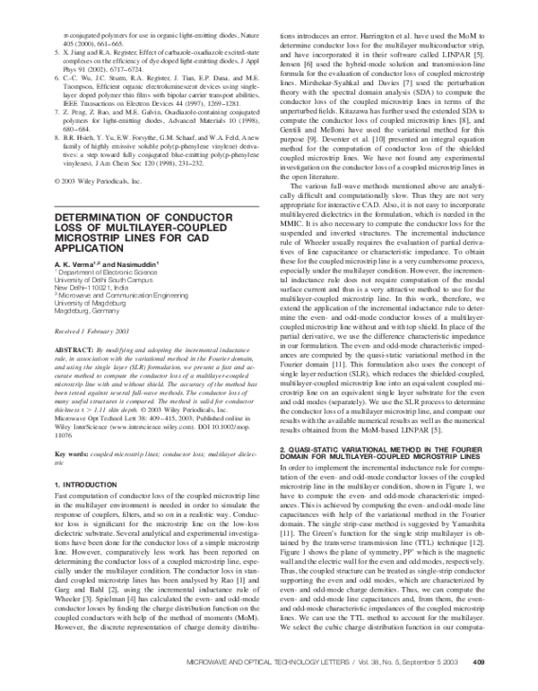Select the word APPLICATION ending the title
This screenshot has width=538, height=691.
(x=85, y=251)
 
